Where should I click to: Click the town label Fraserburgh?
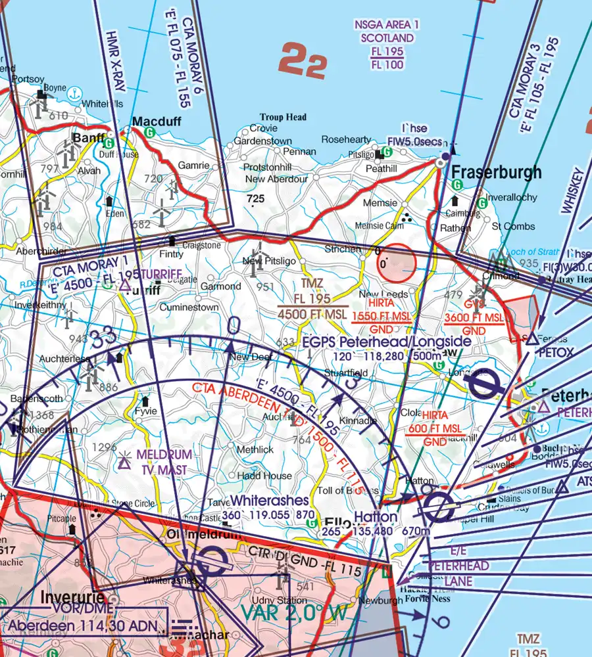point(497,173)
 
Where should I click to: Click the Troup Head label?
point(283,118)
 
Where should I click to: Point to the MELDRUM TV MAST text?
point(164,462)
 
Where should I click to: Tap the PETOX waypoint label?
point(556,353)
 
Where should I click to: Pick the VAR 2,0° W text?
point(293,613)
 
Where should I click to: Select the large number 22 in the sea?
point(303,61)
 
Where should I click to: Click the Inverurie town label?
point(72,599)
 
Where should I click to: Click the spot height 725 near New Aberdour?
point(256,198)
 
